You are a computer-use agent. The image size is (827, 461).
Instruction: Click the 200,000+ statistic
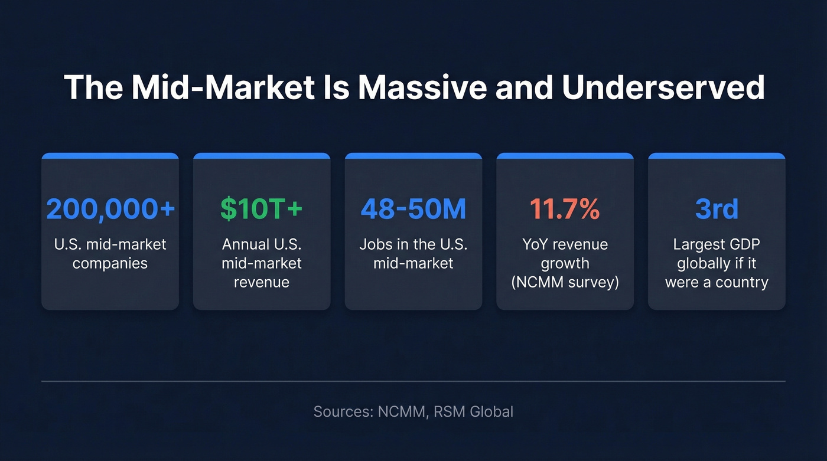pyautogui.click(x=110, y=210)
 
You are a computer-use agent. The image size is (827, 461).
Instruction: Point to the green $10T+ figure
pyautogui.click(x=262, y=210)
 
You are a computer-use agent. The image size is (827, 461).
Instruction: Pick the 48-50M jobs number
pyautogui.click(x=413, y=210)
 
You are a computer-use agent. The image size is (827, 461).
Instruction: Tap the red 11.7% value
pyautogui.click(x=565, y=210)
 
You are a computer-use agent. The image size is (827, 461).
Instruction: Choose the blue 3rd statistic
pyautogui.click(x=717, y=210)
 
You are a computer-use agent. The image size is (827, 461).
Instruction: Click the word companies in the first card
pyautogui.click(x=110, y=263)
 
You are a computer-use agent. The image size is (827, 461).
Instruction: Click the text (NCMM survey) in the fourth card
pyautogui.click(x=565, y=282)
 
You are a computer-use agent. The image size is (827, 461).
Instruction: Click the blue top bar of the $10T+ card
pyautogui.click(x=262, y=156)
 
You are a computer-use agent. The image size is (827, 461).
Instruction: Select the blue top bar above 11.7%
pyautogui.click(x=565, y=156)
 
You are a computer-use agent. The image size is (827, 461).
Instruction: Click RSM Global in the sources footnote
pyautogui.click(x=473, y=411)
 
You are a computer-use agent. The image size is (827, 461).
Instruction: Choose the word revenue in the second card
pyautogui.click(x=262, y=282)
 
